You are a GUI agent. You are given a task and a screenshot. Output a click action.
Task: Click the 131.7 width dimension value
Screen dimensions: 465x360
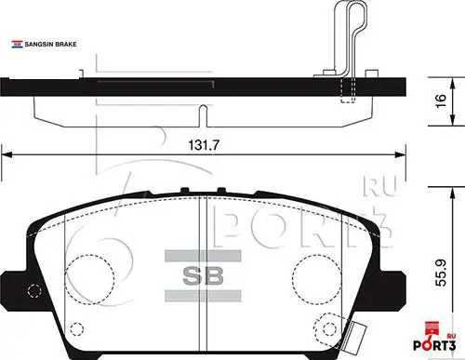pyautogui.click(x=204, y=145)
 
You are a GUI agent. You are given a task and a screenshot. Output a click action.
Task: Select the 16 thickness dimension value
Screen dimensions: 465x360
pyautogui.click(x=441, y=100)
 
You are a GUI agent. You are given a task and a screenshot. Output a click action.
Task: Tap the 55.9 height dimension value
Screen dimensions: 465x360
pyautogui.click(x=441, y=273)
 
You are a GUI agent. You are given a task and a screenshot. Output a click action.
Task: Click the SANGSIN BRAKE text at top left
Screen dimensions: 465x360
pyautogui.click(x=50, y=45)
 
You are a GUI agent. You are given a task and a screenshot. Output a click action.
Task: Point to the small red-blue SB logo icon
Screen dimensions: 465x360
pyautogui.click(x=18, y=45)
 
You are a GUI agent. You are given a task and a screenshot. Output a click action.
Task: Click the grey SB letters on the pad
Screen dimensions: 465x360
pyautogui.click(x=203, y=275)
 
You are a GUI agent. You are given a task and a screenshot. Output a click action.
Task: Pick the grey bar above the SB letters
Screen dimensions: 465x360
pyautogui.click(x=203, y=256)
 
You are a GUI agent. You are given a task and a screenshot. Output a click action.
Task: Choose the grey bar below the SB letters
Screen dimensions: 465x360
pyautogui.click(x=203, y=296)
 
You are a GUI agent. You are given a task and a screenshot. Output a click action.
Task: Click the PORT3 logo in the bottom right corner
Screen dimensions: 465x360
pyautogui.click(x=434, y=346)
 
